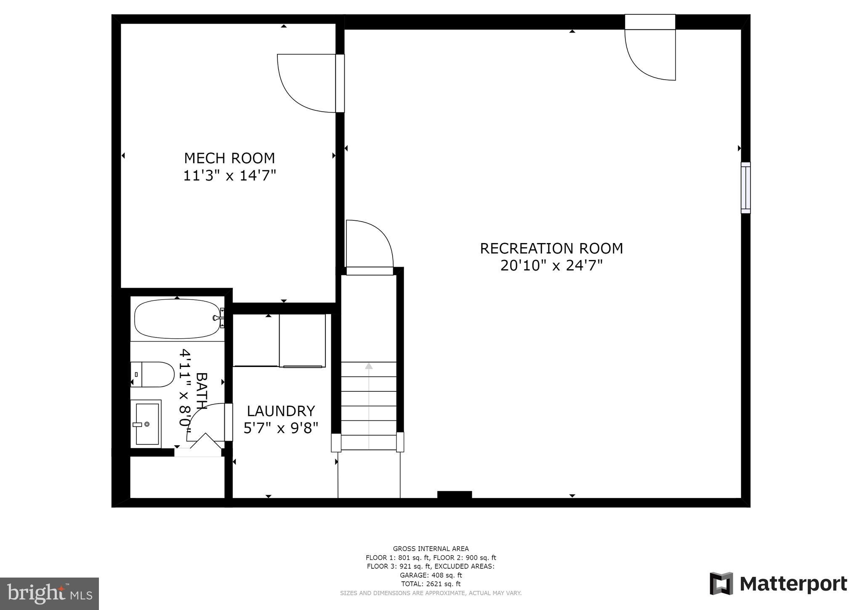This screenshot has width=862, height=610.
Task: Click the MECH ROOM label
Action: pyautogui.click(x=229, y=158)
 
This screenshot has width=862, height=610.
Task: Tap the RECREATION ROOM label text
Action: pyautogui.click(x=551, y=249)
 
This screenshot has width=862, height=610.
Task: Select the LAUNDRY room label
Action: pyautogui.click(x=281, y=411)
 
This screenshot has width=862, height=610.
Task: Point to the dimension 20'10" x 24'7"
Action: pyautogui.click(x=551, y=266)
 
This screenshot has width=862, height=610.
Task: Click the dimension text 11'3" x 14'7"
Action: pyautogui.click(x=229, y=175)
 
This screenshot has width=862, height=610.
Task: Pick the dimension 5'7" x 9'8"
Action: pyautogui.click(x=281, y=428)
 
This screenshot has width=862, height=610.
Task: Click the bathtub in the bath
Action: pyautogui.click(x=177, y=319)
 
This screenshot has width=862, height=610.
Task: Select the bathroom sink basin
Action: pyautogui.click(x=147, y=424)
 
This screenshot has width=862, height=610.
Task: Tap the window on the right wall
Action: pyautogui.click(x=745, y=188)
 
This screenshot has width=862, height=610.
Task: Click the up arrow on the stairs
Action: pyautogui.click(x=369, y=366)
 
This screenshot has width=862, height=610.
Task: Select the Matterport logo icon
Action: pyautogui.click(x=721, y=583)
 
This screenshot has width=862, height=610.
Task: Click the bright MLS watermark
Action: pyautogui.click(x=49, y=594)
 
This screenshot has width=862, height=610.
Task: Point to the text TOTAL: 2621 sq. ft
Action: pyautogui.click(x=431, y=584)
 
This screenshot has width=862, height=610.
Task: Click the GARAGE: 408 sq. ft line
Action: pyautogui.click(x=431, y=575)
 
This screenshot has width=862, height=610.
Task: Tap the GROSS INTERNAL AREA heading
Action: pyautogui.click(x=431, y=548)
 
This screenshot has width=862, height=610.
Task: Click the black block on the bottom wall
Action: pyautogui.click(x=455, y=495)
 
